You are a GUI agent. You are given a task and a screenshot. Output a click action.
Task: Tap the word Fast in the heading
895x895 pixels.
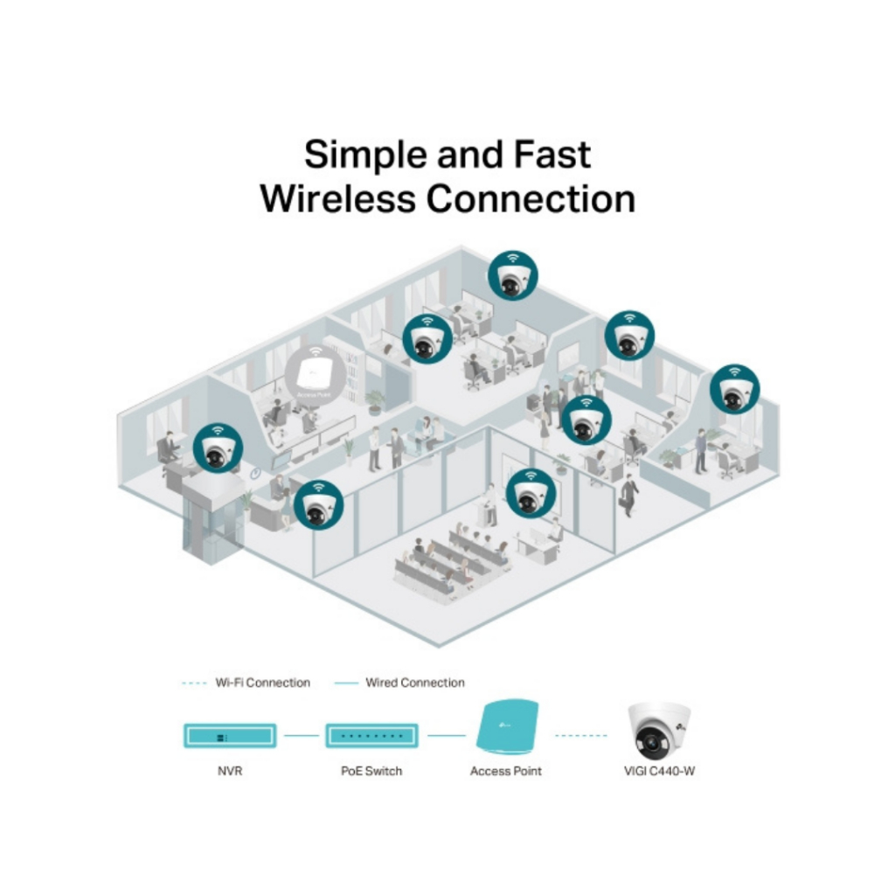click(548, 156)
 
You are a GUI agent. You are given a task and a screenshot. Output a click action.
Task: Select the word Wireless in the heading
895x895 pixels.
click(336, 198)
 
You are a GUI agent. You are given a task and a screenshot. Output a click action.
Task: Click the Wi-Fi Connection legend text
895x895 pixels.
click(262, 683)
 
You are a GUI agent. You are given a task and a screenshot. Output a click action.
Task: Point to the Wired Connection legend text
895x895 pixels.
click(414, 683)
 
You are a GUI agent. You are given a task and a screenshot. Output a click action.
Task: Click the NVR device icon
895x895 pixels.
click(230, 736)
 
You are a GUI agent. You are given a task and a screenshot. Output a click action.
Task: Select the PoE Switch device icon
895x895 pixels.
click(371, 736)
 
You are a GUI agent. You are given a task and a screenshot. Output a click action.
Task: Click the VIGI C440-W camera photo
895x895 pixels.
click(658, 732)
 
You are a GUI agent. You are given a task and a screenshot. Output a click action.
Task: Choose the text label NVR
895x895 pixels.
click(230, 772)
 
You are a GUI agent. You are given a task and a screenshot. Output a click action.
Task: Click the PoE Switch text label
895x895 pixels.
click(371, 772)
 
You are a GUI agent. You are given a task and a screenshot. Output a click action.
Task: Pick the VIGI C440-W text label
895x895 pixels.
click(657, 772)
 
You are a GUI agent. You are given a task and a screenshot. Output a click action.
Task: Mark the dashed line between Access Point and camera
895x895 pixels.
click(581, 736)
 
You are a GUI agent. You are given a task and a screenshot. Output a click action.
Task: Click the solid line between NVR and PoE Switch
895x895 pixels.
click(301, 736)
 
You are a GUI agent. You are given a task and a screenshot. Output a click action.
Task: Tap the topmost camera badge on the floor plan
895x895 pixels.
click(513, 274)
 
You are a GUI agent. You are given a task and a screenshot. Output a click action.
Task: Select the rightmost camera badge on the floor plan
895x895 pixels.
click(734, 389)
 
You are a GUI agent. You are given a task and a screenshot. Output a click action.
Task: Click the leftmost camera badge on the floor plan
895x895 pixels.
click(218, 448)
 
